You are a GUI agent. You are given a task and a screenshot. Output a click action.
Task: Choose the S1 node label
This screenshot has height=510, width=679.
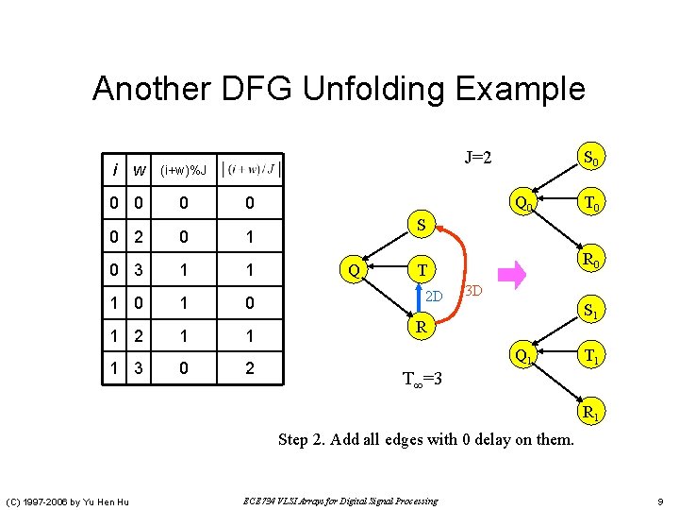[x=593, y=309]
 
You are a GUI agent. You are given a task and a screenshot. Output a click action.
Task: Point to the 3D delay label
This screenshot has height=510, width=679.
[x=473, y=289]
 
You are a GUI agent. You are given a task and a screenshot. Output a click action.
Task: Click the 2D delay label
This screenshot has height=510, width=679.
[x=434, y=297]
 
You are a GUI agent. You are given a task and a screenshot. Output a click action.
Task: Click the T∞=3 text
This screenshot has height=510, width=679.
[x=422, y=380]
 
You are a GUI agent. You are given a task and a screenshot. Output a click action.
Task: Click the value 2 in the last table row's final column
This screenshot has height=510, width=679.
[x=249, y=368]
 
